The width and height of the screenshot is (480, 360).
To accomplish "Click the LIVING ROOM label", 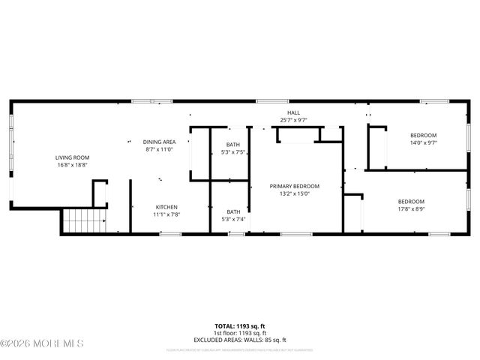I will coord(72,157).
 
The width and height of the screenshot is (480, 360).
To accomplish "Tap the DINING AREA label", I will coord(159,142).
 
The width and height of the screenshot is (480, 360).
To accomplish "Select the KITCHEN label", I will coord(167,208).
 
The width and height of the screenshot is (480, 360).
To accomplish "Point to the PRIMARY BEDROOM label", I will coord(295,186).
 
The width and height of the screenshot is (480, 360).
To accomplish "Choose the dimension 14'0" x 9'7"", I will coord(423,142).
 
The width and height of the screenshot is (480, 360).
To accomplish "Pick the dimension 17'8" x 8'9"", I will coord(411,208).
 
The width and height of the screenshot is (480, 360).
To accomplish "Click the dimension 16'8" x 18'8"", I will coord(72,165).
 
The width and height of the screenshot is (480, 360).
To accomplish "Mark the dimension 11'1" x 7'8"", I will coord(167,215).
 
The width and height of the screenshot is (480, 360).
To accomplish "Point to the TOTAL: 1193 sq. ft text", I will coord(240,325).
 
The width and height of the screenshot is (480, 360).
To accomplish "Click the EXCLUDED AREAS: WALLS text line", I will coord(240,339).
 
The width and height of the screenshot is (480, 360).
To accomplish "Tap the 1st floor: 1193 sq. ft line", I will coord(240,332).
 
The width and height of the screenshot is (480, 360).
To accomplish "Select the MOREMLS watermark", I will coord(43,343).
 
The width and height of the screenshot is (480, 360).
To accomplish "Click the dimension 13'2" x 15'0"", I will coord(295,193).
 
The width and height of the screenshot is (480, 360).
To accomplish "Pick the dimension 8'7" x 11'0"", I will coord(159,149).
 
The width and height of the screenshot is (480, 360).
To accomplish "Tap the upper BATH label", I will coord(234,145).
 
